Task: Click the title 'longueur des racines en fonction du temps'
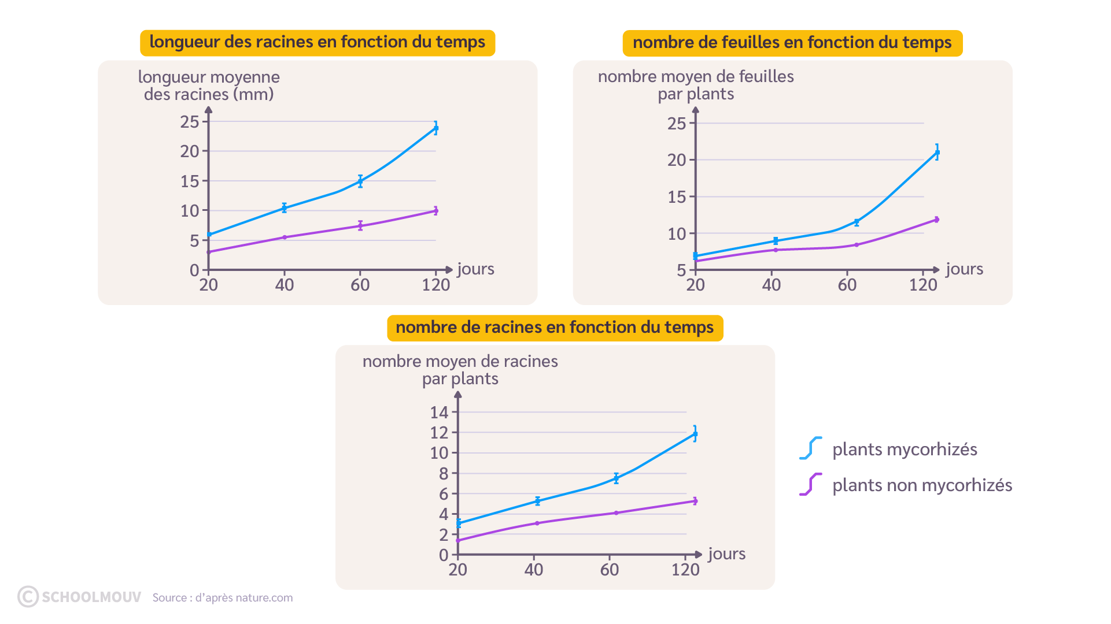[x=318, y=42]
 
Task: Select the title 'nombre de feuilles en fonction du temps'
[x=792, y=43]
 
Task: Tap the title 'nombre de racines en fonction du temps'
[x=555, y=328]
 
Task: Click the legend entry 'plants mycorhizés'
[x=905, y=450]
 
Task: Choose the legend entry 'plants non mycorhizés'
[x=922, y=485]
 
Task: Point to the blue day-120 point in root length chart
[x=436, y=128]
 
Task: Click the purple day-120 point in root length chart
[x=436, y=211]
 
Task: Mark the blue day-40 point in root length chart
[x=285, y=207]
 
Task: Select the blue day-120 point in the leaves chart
[x=937, y=153]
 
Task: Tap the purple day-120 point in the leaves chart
[x=937, y=220]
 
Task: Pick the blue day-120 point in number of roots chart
[x=695, y=434]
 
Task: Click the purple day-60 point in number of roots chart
[x=616, y=512]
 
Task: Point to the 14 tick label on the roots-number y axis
[x=439, y=413]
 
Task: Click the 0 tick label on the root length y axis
[x=194, y=270]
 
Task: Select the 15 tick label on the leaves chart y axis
[x=677, y=197]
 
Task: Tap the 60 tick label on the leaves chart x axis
[x=847, y=285]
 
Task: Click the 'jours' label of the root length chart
[x=475, y=269]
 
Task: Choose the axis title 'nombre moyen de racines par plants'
[x=460, y=370]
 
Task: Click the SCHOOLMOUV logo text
[x=91, y=597]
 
